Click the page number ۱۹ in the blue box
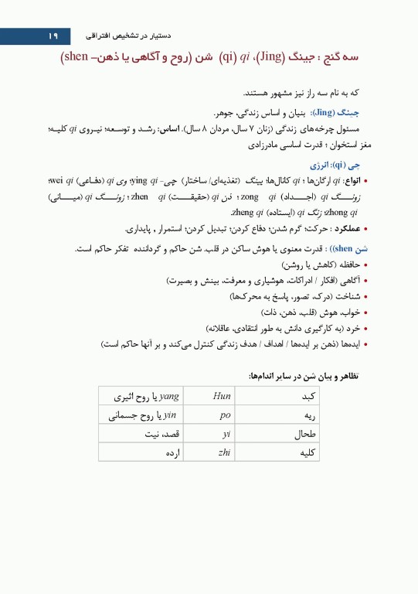[53, 36]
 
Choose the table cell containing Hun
[221, 396]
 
